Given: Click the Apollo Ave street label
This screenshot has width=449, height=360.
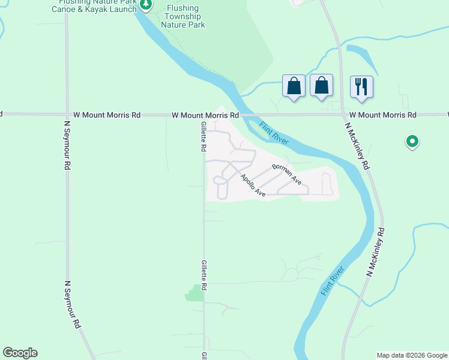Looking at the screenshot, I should tap(253, 186).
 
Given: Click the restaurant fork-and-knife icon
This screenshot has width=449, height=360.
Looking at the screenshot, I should tap(361, 86).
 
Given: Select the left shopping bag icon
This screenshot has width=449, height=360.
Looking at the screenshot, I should tap(294, 86).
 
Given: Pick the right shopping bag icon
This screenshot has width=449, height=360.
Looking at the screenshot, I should tap(321, 86).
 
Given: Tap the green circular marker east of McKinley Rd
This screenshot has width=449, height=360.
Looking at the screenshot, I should tap(412, 142).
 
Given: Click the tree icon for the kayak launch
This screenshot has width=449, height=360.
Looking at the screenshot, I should tap(146, 5).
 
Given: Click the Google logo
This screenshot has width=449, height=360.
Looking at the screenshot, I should tap(20, 353).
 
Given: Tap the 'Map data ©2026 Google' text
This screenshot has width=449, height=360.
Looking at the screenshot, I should tap(411, 355).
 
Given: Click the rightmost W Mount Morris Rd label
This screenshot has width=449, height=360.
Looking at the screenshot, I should tap(382, 115).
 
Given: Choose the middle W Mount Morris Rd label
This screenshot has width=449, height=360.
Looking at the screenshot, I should tap(205, 115).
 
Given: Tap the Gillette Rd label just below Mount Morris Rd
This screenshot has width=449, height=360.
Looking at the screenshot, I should tap(204, 136).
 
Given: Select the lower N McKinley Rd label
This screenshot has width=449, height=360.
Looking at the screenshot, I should tap(376, 251).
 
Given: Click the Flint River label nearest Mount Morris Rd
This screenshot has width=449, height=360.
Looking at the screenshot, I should tap(274, 134).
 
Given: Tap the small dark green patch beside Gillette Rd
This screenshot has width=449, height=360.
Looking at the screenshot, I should tap(194, 293).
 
